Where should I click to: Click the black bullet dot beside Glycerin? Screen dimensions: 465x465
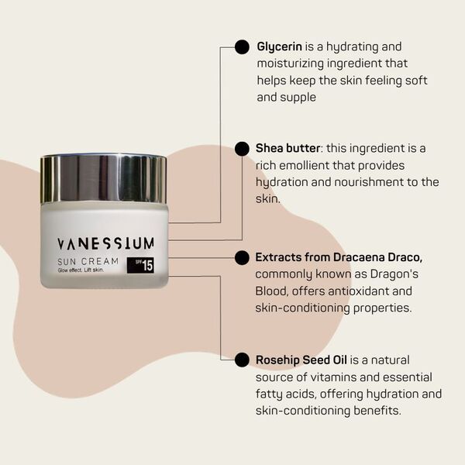[x=242, y=47]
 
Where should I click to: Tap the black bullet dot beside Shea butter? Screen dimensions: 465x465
[x=242, y=149]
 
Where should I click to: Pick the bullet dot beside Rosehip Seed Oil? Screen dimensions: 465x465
[x=242, y=360]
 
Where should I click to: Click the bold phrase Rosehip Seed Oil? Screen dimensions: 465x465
[x=301, y=360]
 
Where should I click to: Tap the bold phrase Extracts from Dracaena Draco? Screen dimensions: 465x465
[x=339, y=257]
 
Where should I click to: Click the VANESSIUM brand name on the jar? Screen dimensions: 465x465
[x=105, y=243]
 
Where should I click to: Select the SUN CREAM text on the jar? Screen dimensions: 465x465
[x=87, y=261]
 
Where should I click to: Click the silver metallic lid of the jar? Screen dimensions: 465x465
[x=103, y=177]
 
